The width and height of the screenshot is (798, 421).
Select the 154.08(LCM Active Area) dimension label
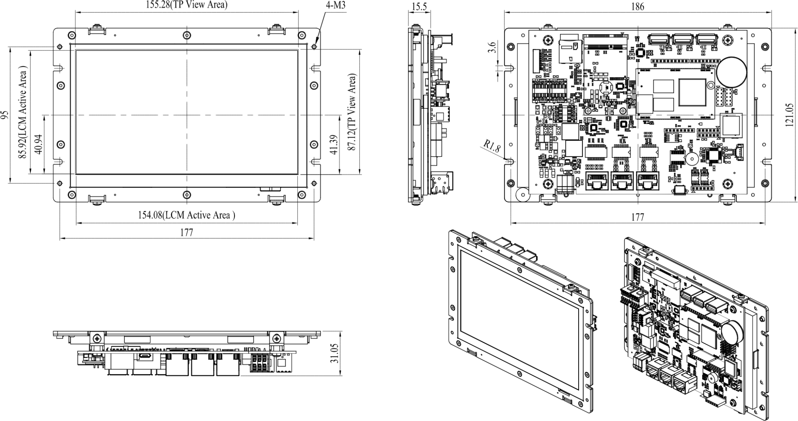[x=187, y=215]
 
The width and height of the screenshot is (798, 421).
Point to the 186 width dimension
[x=638, y=6]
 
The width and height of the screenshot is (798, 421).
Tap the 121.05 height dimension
[x=789, y=115]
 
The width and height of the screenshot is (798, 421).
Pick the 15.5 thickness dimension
[x=419, y=6]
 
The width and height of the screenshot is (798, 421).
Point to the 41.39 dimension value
[x=333, y=144]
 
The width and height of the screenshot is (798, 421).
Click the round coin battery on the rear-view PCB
[x=733, y=72]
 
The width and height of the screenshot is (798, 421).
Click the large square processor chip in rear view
[x=692, y=93]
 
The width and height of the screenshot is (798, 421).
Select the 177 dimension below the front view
[x=187, y=233]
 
